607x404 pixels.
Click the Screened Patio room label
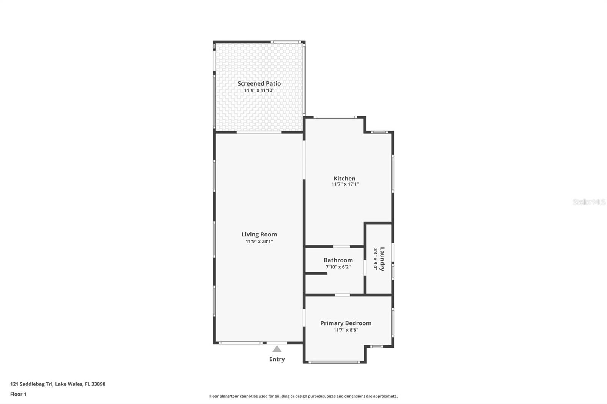point(259,84)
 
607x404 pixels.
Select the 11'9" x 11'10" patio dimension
point(259,90)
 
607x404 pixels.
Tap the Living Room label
point(259,235)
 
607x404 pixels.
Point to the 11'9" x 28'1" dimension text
point(259,241)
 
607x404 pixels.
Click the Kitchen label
point(344,179)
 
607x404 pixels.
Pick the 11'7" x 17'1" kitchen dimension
point(345,184)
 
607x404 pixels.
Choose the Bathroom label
point(338,260)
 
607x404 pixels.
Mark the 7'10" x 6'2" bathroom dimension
point(338,267)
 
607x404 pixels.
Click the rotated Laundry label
point(382,259)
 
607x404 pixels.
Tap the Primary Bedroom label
point(346,323)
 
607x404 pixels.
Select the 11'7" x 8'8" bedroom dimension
point(346,330)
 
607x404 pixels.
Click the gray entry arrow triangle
point(277,349)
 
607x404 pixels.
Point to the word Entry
point(277,359)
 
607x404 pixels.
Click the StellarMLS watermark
point(589,202)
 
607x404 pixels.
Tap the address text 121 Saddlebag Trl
point(31,384)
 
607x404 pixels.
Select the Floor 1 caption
point(19,394)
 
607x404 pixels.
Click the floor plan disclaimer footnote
point(303,396)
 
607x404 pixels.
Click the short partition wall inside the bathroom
point(316,274)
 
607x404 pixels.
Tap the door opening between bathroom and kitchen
point(341,246)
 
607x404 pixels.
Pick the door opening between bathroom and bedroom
point(343,295)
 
